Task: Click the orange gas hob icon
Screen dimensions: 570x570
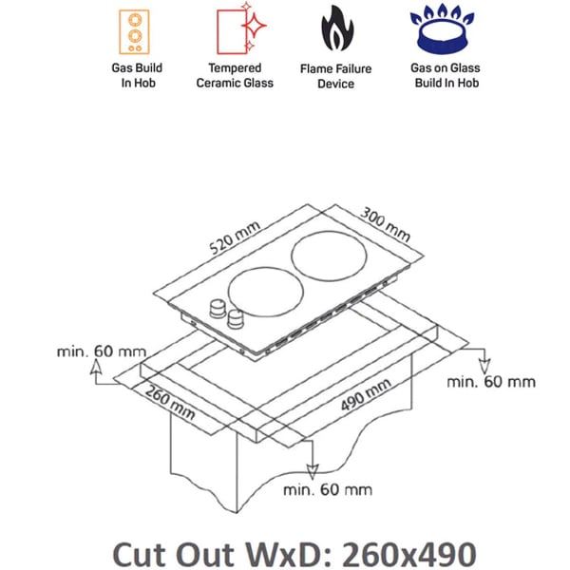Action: coord(134,32)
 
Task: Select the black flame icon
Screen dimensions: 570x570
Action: coord(337,28)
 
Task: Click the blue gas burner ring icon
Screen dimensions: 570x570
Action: coord(442,29)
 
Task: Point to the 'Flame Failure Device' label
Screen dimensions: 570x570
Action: coord(335,76)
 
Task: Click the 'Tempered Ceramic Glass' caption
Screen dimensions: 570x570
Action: coord(235,75)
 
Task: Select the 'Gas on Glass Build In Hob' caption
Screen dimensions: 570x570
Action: coord(446,75)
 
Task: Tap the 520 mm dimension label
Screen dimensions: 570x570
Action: coord(235,237)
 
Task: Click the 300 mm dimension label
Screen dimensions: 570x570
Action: coord(386,224)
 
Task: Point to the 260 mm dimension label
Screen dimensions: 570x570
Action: coord(170,403)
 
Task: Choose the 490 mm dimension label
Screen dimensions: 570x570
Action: coord(366,395)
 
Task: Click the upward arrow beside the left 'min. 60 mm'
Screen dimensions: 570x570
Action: coord(96,371)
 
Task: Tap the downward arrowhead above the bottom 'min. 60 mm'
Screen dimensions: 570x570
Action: coord(313,471)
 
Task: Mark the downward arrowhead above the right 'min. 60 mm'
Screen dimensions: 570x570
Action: coord(484,367)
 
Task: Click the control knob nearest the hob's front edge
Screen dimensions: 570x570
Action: coord(235,319)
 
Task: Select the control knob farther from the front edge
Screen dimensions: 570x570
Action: coord(218,309)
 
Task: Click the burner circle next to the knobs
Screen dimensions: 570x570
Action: coord(228,293)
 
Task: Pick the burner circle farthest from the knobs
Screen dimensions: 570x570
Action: coord(292,256)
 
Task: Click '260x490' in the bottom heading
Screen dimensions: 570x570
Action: coord(409,555)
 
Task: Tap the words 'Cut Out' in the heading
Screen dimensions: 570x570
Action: coord(174,555)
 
